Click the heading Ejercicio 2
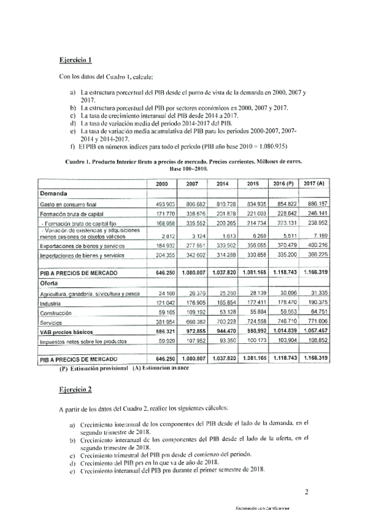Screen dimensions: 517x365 pos(75,388)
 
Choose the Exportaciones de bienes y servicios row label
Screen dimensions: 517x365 pos(83,243)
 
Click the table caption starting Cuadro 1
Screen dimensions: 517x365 pos(182,163)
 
